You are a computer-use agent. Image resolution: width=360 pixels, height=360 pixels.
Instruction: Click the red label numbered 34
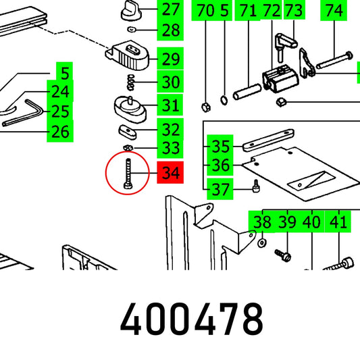click(170, 172)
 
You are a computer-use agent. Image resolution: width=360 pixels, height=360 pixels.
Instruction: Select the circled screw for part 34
click(128, 174)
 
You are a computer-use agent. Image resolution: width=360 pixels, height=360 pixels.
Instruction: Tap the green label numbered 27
click(170, 9)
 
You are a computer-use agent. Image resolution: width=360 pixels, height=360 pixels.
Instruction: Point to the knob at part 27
click(130, 11)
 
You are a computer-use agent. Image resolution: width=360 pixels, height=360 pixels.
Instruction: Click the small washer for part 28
click(132, 30)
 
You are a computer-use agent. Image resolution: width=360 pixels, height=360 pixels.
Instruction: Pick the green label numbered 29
click(170, 59)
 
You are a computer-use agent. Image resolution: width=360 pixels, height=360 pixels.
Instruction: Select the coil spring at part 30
click(130, 82)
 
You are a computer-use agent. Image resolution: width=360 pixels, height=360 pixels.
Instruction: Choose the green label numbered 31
click(170, 105)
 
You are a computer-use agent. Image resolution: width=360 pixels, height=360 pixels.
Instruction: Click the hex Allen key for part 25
click(22, 113)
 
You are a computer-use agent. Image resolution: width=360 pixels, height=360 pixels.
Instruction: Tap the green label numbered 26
click(60, 132)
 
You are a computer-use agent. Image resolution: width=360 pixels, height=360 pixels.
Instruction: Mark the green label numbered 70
click(205, 10)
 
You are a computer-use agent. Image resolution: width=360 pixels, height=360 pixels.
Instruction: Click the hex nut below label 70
click(206, 107)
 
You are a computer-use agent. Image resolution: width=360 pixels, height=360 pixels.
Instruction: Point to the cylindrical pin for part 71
click(247, 92)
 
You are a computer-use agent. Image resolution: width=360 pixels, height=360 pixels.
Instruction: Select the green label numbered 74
click(334, 10)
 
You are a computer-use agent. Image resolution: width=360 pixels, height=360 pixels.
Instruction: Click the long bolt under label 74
click(334, 60)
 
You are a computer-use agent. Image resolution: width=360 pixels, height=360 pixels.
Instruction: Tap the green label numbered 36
click(220, 165)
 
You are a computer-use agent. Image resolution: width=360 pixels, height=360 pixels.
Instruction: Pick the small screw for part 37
click(256, 186)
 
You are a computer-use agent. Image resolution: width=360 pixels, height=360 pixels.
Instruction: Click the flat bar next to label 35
click(268, 140)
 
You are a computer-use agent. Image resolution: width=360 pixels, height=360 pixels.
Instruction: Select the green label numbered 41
click(338, 222)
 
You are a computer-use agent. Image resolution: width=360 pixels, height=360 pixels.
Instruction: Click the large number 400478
click(192, 319)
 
